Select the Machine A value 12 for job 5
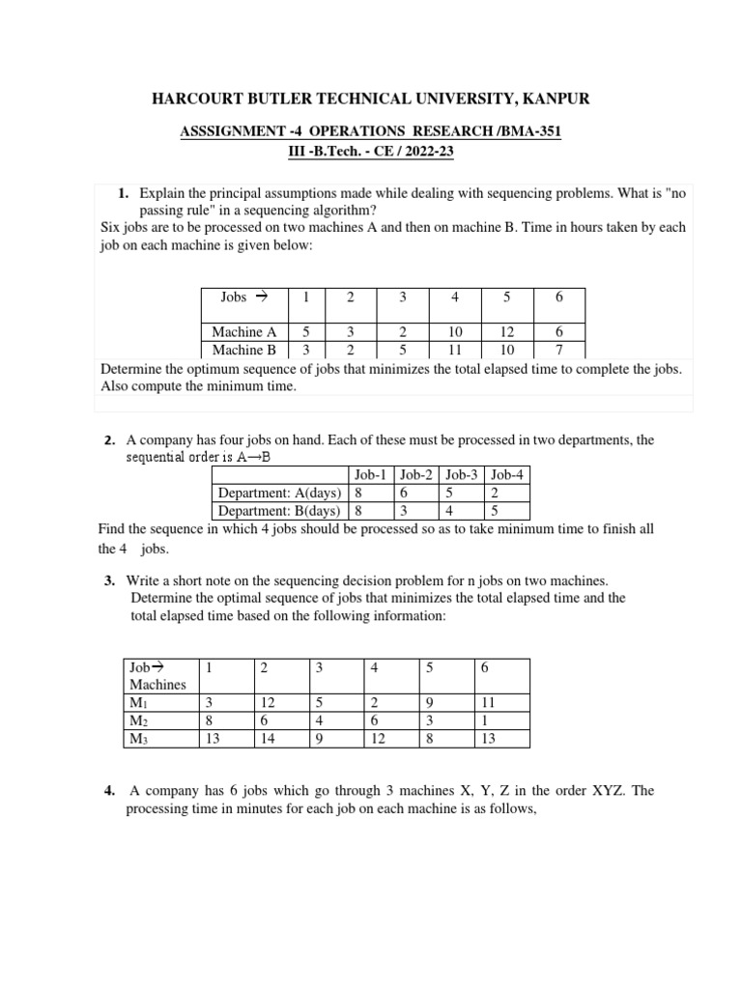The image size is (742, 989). coord(507,332)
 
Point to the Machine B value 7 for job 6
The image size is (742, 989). coord(558,350)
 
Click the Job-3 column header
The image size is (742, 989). coord(462,474)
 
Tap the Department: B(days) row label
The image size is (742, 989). coord(279,511)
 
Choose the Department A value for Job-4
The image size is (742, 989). coord(496,493)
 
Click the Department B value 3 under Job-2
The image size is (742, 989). coord(401,511)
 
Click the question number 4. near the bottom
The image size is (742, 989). coord(109,790)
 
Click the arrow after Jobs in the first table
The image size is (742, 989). coord(261,297)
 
